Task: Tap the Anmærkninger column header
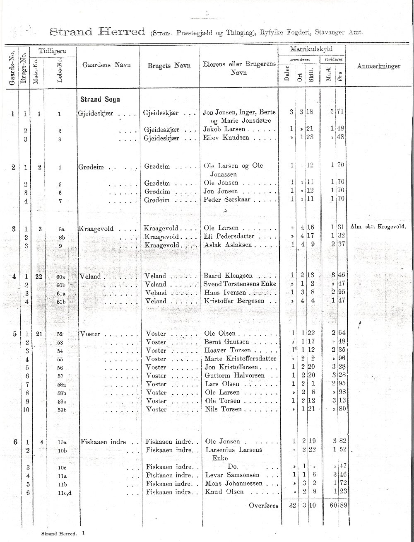[x=378, y=66]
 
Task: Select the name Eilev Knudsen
[x=226, y=137]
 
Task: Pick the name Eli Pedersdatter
[x=228, y=237]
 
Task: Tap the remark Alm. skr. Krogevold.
[x=378, y=227]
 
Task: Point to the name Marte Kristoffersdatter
[x=240, y=359]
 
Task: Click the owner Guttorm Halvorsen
[x=234, y=375]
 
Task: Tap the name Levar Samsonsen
[x=232, y=475]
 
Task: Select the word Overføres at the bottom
[x=263, y=506]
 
